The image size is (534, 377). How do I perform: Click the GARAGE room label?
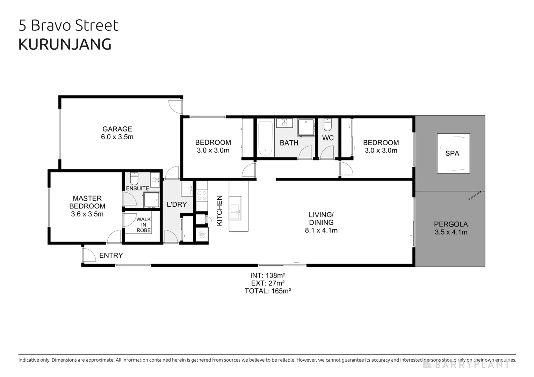point(117,129)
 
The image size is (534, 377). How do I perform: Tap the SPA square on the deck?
point(453,153)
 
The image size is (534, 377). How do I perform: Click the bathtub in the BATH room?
point(265,138)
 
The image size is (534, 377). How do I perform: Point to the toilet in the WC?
point(327,124)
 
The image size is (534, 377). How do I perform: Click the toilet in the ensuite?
point(134,178)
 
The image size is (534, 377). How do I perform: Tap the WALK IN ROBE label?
point(143,225)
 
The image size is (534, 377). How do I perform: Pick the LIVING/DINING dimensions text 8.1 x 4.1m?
point(321,230)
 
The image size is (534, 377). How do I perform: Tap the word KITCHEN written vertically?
point(219,210)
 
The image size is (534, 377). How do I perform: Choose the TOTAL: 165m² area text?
point(268,291)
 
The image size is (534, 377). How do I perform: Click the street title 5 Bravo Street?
point(68,25)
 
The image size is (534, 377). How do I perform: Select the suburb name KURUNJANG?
point(65,44)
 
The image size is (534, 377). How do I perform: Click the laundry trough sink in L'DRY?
point(187,189)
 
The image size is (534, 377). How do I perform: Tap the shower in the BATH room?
point(306,127)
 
